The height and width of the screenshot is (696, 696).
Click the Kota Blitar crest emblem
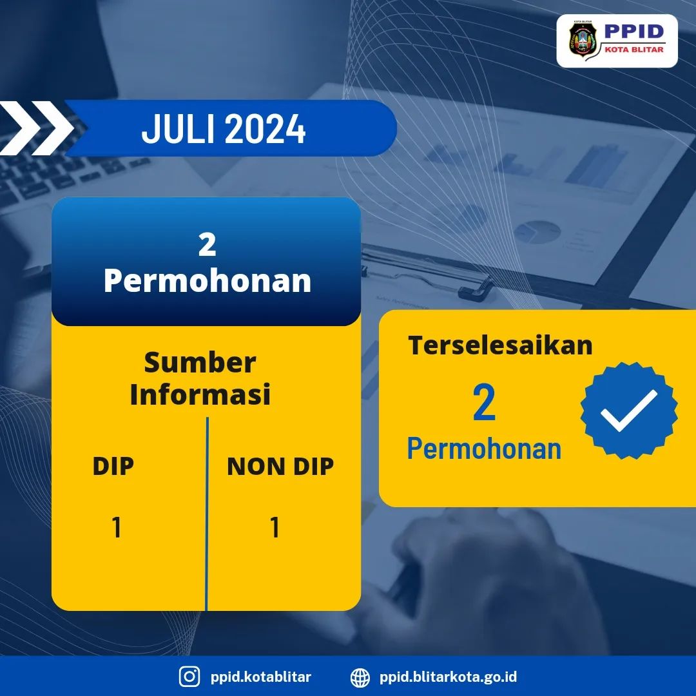pos(583,40)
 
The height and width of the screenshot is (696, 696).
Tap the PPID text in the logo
pos(634,32)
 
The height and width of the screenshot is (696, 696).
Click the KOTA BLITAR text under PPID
pos(634,50)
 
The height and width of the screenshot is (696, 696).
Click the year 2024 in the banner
pos(265,129)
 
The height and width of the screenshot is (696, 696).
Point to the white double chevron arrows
pos(35,128)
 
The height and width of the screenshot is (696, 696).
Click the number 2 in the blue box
pos(208,245)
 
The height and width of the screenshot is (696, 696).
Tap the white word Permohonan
pos(208,281)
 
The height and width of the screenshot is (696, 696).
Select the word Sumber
pos(200,362)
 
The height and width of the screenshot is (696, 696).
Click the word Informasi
pos(200,394)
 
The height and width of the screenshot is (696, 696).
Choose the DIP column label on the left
pos(113,466)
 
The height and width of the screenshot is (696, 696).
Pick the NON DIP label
pos(280,467)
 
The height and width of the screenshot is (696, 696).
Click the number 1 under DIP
pos(117,527)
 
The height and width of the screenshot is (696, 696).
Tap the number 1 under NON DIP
pos(275,527)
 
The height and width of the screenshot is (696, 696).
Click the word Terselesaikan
pos(500,345)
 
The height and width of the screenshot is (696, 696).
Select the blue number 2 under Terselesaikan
pos(484,403)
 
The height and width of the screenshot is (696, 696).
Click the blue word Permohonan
pos(484,449)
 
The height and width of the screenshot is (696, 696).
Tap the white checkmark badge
pos(629,411)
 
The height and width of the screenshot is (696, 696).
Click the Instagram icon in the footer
pos(189,677)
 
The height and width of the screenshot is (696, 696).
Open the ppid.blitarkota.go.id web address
pos(449,677)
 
